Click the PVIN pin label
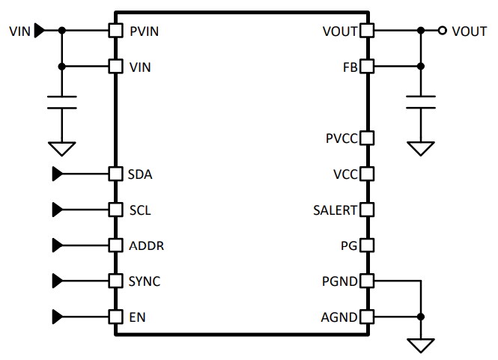pos(144,31)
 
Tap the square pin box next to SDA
pos(115,174)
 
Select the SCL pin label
pos(140,210)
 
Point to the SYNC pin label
pos(145,281)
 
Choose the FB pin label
pos(350,67)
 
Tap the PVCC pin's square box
pos(367,138)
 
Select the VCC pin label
pos(345,174)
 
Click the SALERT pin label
pos(335,210)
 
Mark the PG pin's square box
pos(367,245)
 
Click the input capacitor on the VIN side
pos(62,102)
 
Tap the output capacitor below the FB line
pos(421,102)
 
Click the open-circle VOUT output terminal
pos(443,31)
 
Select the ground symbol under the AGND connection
pos(421,345)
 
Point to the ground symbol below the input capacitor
pos(62,147)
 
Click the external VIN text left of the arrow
pos(20,31)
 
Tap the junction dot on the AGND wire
pos(421,317)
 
